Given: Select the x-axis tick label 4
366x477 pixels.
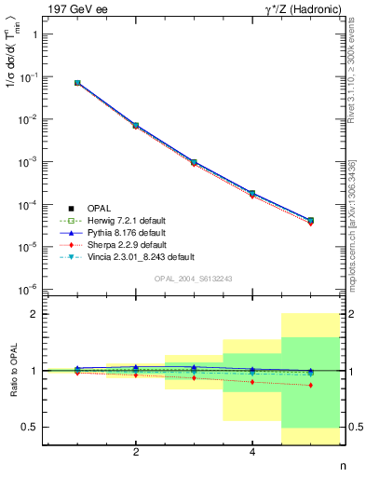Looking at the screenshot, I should tap(253, 451).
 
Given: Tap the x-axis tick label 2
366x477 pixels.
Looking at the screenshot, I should tap(137, 451).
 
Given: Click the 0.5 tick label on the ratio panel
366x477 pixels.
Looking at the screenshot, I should tap(29, 427).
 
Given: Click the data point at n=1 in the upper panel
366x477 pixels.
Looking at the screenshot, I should tap(78, 83).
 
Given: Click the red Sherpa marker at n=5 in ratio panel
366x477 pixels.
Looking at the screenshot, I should tap(311, 385).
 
